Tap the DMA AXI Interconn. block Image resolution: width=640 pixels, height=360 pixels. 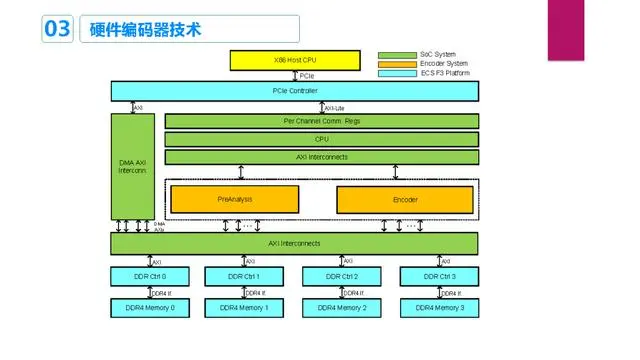pyautogui.click(x=132, y=166)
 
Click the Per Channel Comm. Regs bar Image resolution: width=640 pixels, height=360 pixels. pyautogui.click(x=321, y=121)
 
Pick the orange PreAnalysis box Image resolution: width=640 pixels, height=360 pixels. pyautogui.click(x=234, y=199)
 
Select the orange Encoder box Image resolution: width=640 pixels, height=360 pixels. pyautogui.click(x=405, y=199)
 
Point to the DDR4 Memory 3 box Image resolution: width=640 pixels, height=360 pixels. pyautogui.click(x=440, y=308)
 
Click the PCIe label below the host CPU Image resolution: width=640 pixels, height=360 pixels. pyautogui.click(x=307, y=76)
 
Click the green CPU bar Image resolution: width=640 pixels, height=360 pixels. pyautogui.click(x=321, y=139)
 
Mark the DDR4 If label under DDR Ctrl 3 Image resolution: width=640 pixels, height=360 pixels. pyautogui.click(x=450, y=292)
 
